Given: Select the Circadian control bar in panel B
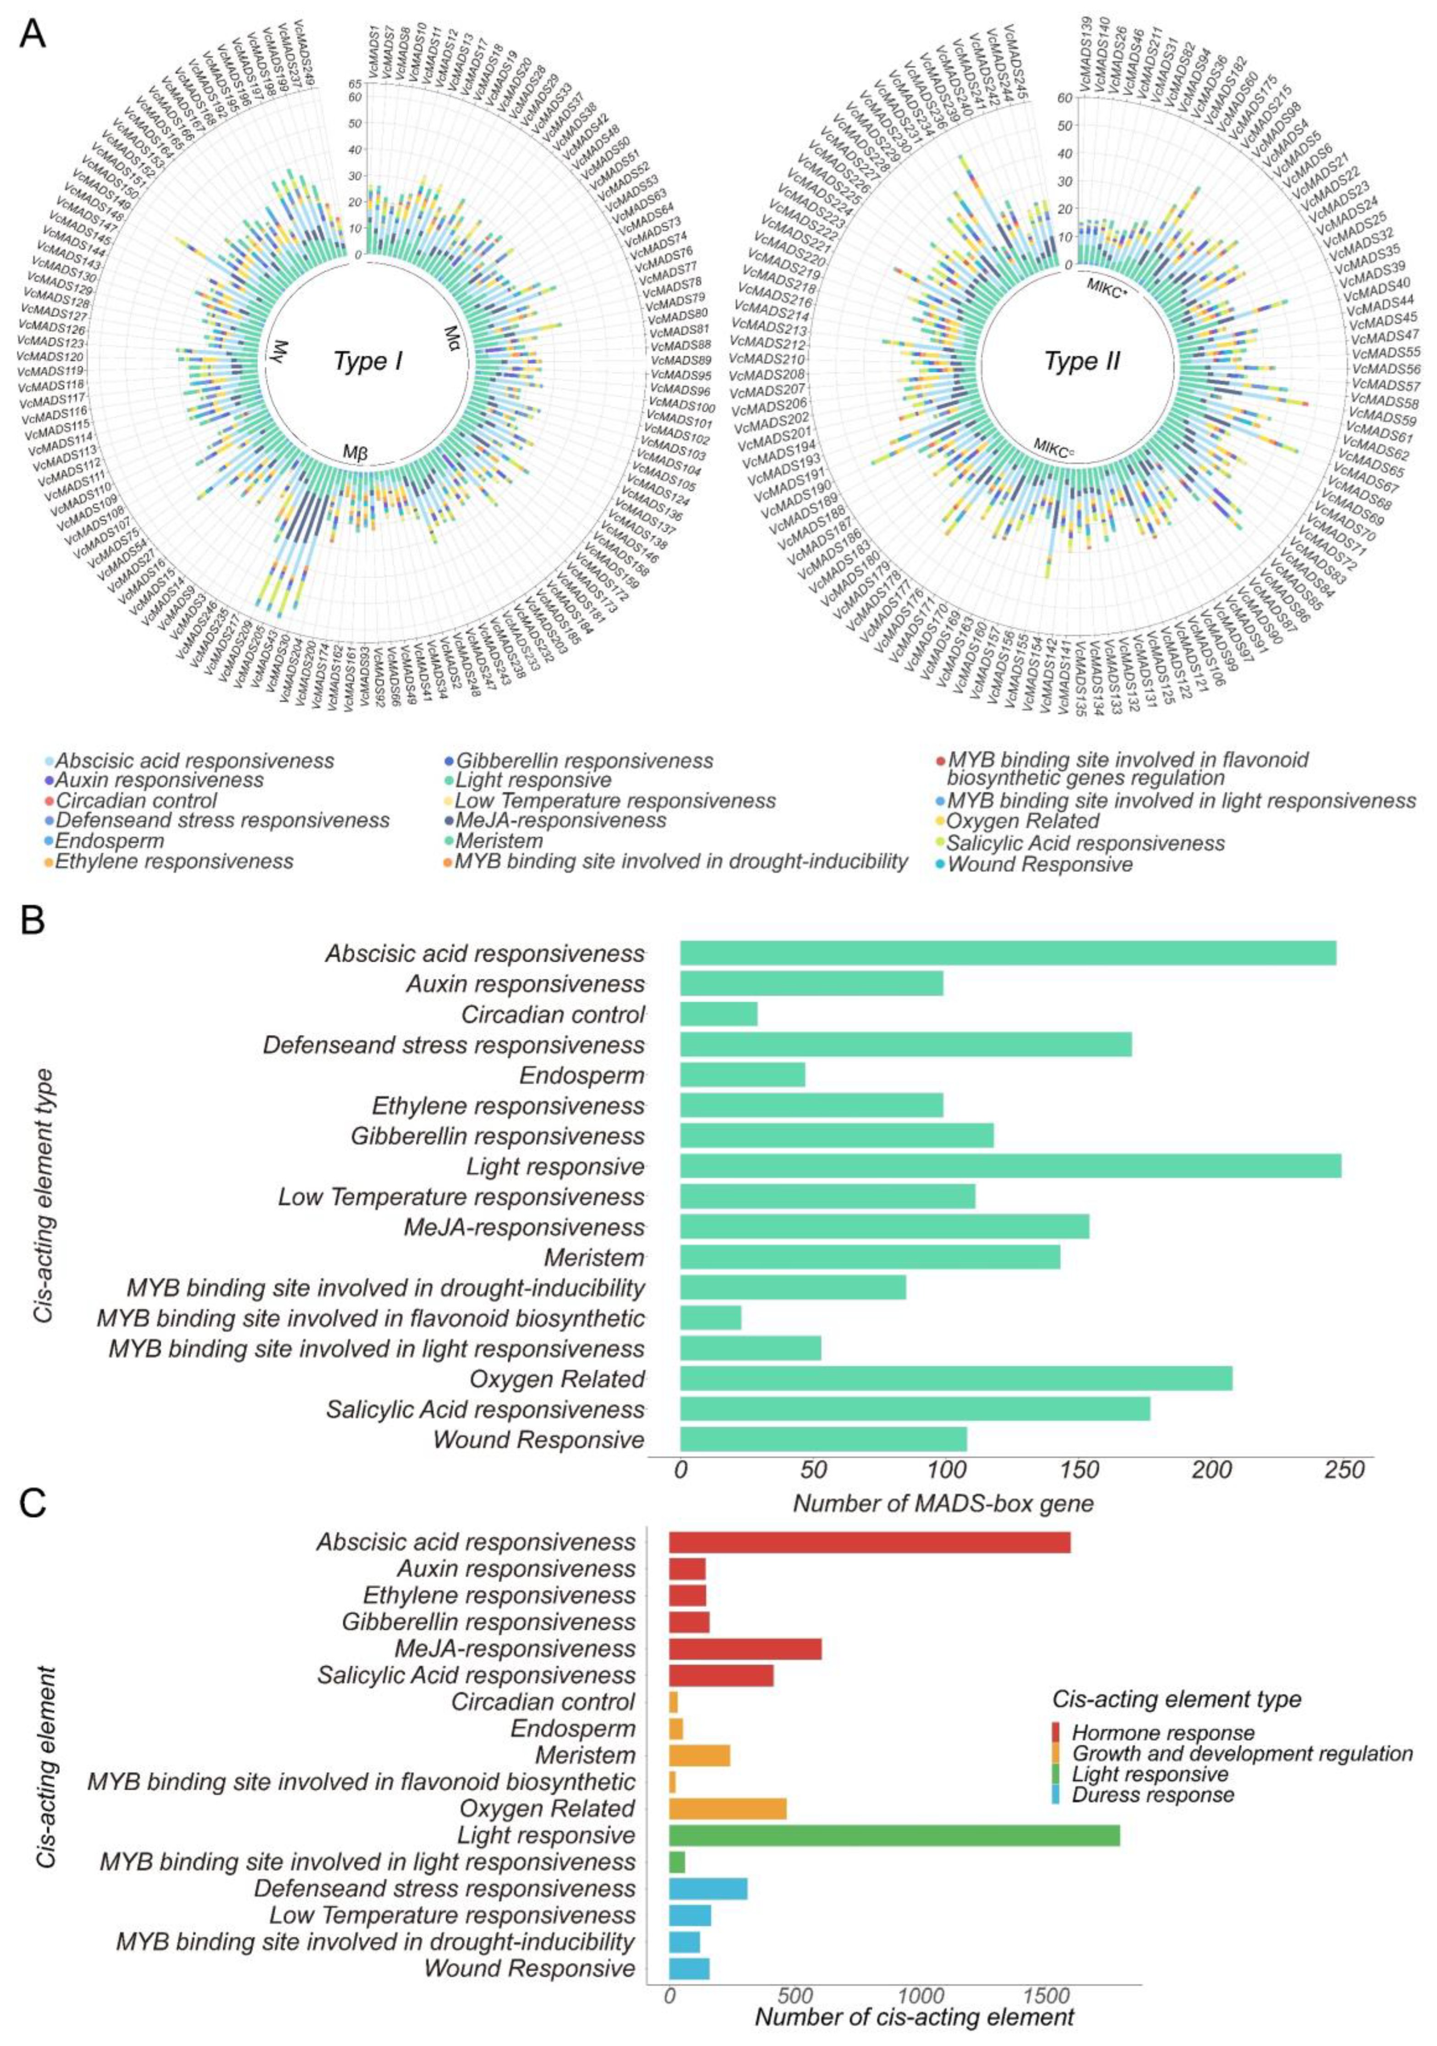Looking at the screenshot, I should [x=718, y=1014].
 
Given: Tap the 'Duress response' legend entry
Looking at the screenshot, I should [x=1152, y=1795].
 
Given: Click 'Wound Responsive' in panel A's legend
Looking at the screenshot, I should [x=1039, y=864].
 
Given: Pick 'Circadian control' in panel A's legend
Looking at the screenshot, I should [x=136, y=800].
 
